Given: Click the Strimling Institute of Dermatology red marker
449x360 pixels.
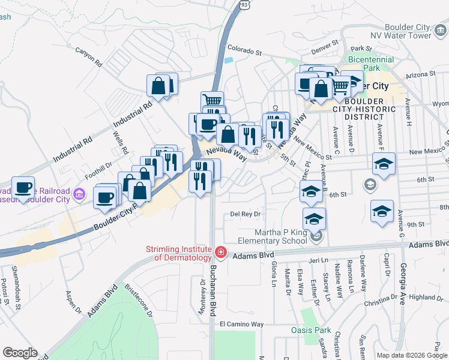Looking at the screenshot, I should (x=221, y=253).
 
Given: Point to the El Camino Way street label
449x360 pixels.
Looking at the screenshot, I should (x=241, y=324).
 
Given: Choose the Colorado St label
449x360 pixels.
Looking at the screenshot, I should (x=245, y=52).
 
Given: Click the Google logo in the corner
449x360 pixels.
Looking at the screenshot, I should (x=20, y=353).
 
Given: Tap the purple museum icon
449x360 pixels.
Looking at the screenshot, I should (x=79, y=194).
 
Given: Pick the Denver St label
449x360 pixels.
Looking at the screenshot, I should (x=325, y=45).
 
